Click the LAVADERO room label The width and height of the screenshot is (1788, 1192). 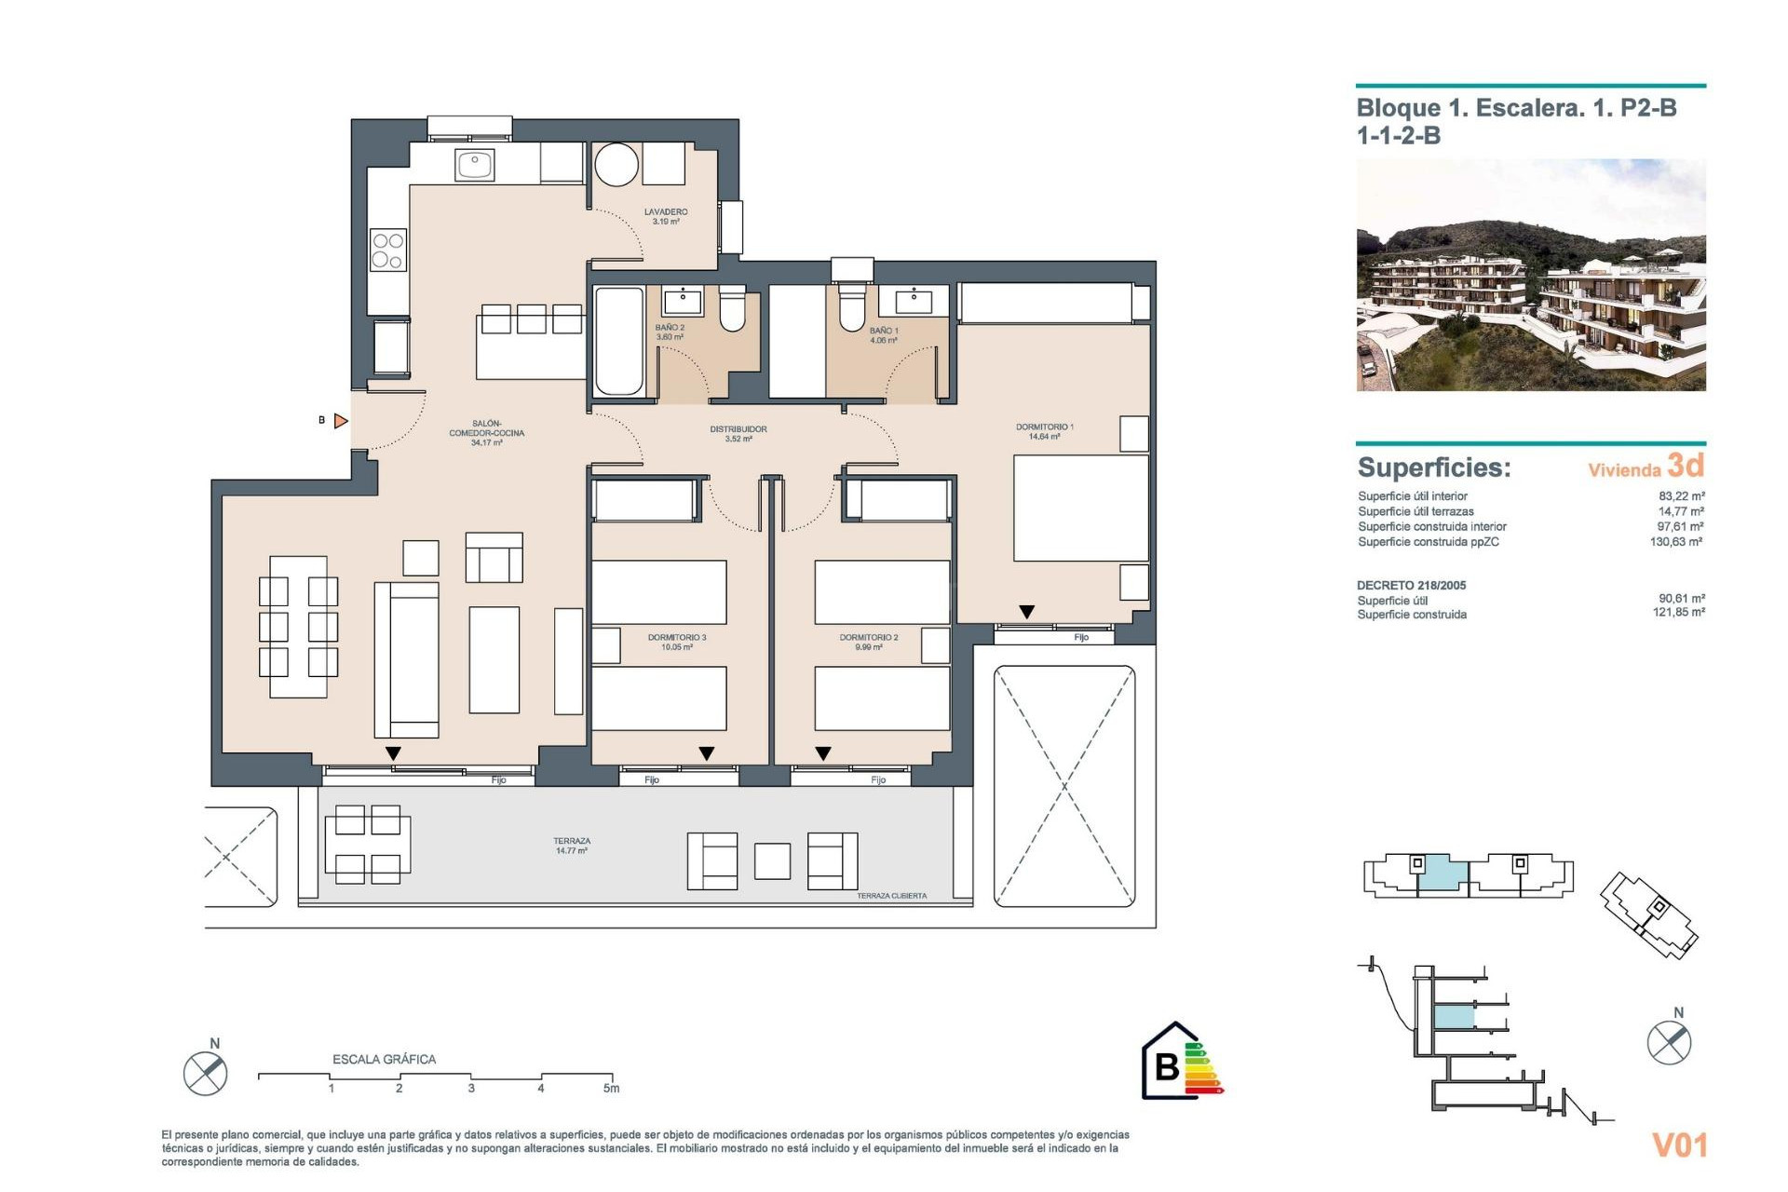point(665,212)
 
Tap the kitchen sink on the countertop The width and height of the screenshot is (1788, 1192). point(474,165)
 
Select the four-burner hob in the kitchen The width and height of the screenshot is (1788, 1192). point(387,251)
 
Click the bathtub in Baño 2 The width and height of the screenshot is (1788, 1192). point(619,341)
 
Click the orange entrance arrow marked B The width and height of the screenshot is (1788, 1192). point(341,421)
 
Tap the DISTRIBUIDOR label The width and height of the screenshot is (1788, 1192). point(738,429)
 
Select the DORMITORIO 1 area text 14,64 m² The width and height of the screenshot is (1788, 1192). point(1044,437)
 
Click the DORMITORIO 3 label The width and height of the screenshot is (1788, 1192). point(677,638)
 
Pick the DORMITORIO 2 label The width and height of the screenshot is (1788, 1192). point(869,638)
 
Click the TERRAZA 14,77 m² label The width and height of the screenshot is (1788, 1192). point(572,846)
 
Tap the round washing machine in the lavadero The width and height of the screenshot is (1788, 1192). point(616,166)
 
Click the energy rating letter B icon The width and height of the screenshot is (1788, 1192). point(1166,1065)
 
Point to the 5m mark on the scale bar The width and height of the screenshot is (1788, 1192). point(611,1088)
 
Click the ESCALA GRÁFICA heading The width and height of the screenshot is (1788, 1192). point(384,1060)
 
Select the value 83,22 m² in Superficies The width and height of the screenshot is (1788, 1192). point(1681,496)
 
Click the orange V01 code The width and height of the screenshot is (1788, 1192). point(1679,1145)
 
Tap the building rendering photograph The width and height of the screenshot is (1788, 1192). point(1530,275)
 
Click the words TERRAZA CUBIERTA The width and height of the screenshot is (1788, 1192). point(891,896)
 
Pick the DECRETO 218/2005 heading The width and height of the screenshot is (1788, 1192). point(1411,586)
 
